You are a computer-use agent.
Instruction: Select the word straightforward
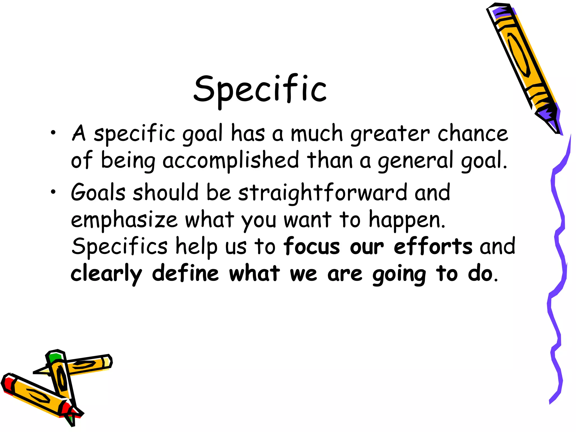click(323, 193)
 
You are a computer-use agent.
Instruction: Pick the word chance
click(473, 133)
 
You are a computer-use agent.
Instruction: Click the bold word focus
click(312, 246)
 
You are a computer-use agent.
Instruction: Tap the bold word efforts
click(433, 246)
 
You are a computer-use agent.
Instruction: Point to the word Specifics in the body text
click(120, 246)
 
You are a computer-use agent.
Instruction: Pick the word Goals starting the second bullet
click(98, 193)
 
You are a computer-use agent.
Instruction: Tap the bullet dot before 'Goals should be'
click(53, 192)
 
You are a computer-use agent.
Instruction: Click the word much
click(317, 133)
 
